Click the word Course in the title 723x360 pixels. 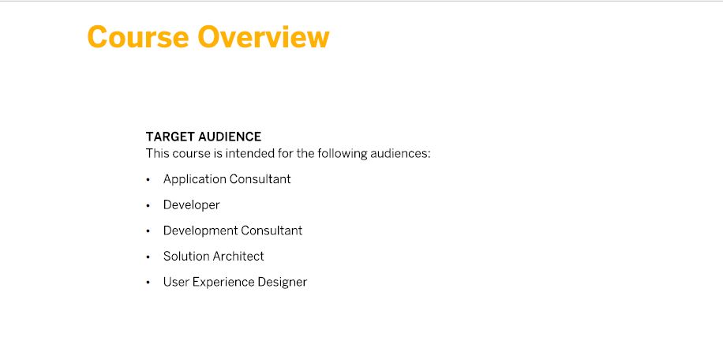(x=138, y=37)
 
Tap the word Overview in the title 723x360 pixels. (x=264, y=37)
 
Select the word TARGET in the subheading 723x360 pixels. (x=170, y=137)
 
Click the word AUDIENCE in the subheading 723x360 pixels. (x=230, y=137)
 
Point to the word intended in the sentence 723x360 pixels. (x=250, y=153)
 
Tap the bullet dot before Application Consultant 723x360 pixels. (x=148, y=180)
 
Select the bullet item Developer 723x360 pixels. (x=191, y=205)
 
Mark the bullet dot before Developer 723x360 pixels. (x=148, y=205)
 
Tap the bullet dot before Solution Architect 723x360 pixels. (x=148, y=257)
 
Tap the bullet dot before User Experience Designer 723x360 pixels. (x=148, y=283)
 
